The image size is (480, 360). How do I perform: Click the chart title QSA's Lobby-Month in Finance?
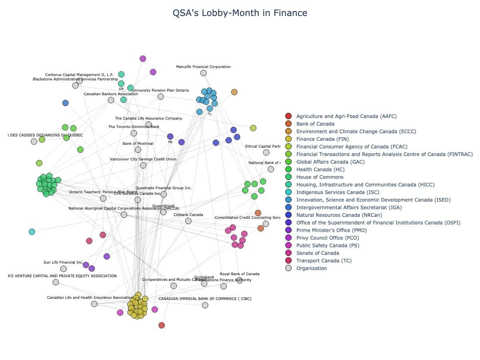coord(240,13)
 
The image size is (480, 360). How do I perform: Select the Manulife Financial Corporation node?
coord(204,73)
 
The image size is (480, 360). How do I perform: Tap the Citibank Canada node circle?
coord(188,221)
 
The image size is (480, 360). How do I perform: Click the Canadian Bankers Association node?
coord(111,100)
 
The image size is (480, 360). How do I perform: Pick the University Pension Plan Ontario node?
coord(161,96)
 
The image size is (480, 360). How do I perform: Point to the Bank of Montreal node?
coord(138,150)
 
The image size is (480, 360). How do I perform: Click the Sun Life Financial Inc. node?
coord(63,269)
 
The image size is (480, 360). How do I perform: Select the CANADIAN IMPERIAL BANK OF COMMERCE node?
coord(205,305)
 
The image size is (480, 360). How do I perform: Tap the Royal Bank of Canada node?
coord(240,280)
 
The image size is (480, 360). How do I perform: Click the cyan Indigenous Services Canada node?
coord(32,232)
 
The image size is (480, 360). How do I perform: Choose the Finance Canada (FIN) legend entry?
coord(322,139)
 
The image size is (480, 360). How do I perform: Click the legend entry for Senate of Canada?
coord(318,253)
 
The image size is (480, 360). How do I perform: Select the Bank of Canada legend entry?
coord(315,124)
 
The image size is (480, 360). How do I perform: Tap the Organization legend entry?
coord(312,268)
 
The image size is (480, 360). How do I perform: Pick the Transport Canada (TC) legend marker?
coord(288,261)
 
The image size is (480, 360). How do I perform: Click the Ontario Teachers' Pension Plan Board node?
coord(103,198)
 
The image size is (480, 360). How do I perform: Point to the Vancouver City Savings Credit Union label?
coord(143,159)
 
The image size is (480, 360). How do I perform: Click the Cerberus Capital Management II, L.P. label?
coord(79,75)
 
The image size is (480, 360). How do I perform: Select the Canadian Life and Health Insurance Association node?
coord(94,304)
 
